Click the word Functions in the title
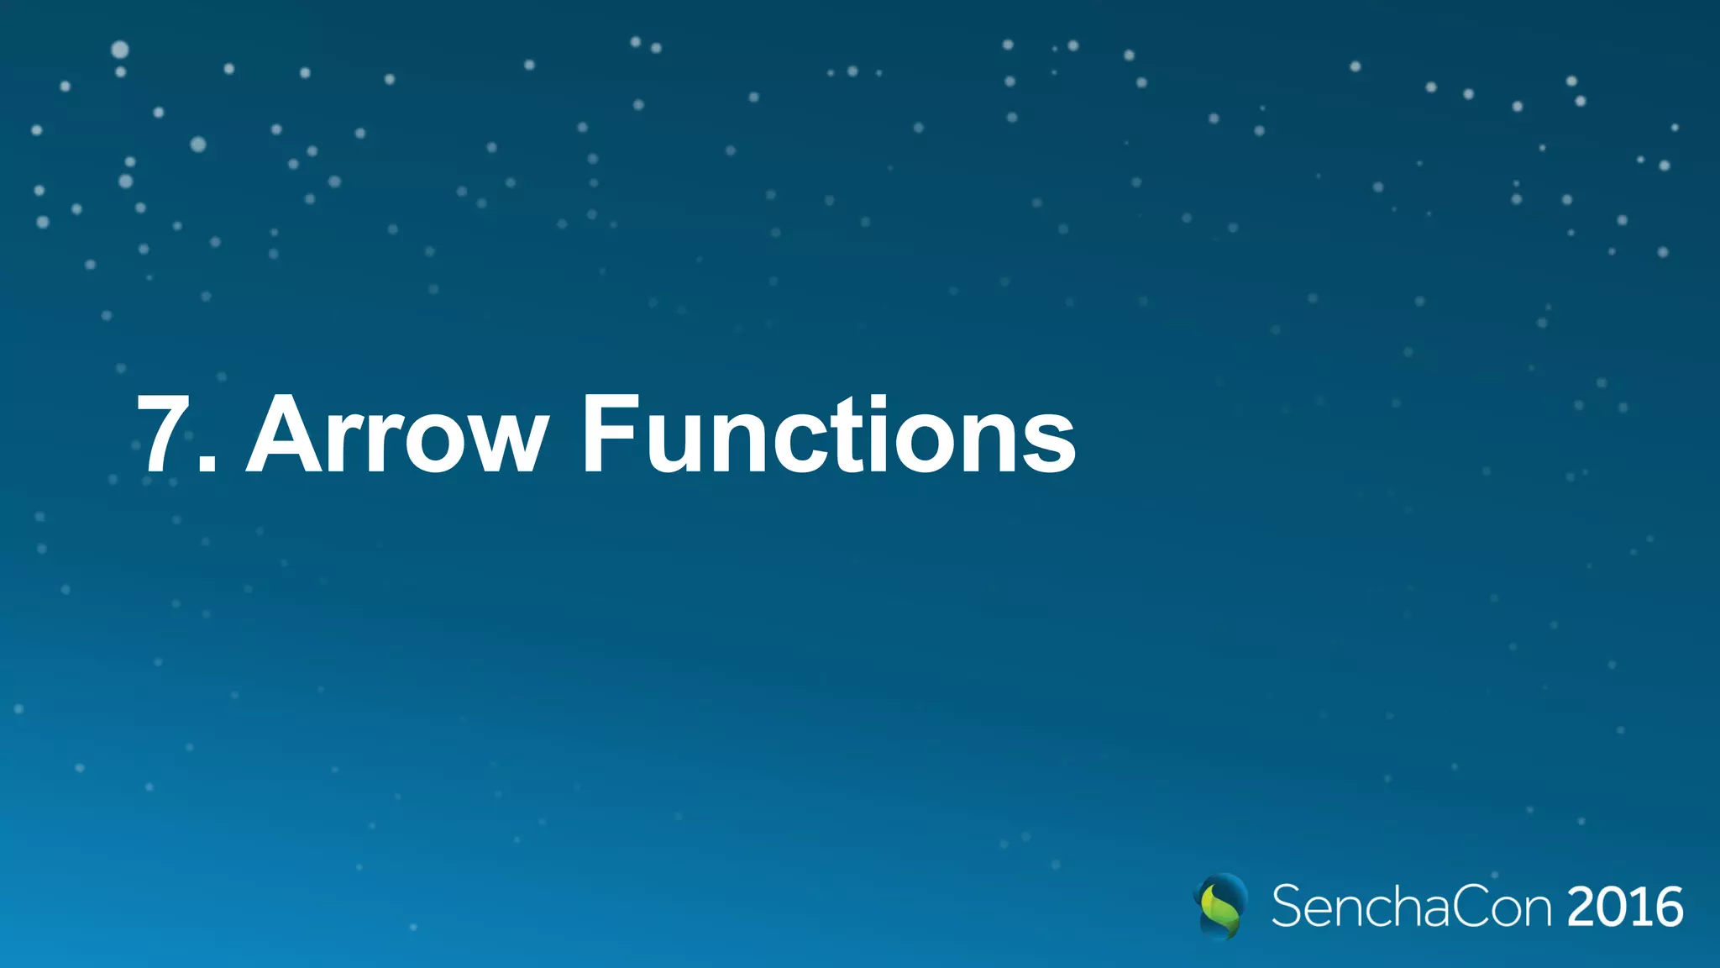(828, 434)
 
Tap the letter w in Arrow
(503, 441)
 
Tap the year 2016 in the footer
(1624, 907)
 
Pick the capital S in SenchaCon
(1287, 907)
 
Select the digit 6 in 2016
(1667, 907)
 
